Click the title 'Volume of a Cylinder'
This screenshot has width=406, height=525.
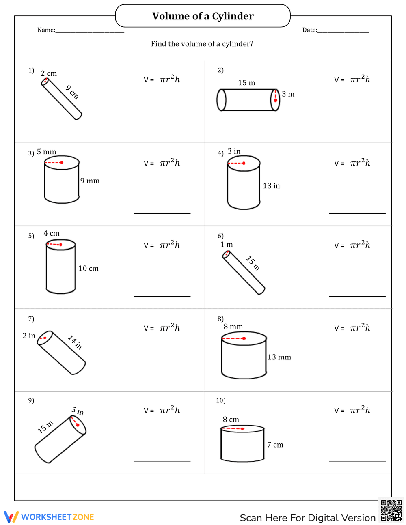(203, 16)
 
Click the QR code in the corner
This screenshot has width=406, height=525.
(391, 510)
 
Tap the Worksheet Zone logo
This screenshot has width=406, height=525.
(49, 517)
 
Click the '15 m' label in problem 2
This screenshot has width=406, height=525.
(246, 83)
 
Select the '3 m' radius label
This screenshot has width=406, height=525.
(288, 94)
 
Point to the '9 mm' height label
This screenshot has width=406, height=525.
(90, 181)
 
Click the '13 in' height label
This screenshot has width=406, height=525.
(271, 186)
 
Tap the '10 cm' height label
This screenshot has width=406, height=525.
(88, 269)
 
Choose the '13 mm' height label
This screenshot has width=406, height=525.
(279, 357)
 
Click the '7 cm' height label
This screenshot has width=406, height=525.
(275, 445)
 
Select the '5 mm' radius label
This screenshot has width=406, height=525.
(46, 152)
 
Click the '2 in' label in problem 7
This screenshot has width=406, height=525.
(29, 336)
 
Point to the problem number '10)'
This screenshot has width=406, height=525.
(220, 401)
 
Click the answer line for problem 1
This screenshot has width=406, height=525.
(162, 131)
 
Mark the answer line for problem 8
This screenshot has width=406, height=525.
(357, 379)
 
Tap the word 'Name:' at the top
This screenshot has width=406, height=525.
(46, 30)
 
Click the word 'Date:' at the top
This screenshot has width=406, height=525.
(309, 30)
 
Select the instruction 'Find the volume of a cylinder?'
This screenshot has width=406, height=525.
(202, 44)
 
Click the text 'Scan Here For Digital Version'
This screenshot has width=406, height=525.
(307, 518)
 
